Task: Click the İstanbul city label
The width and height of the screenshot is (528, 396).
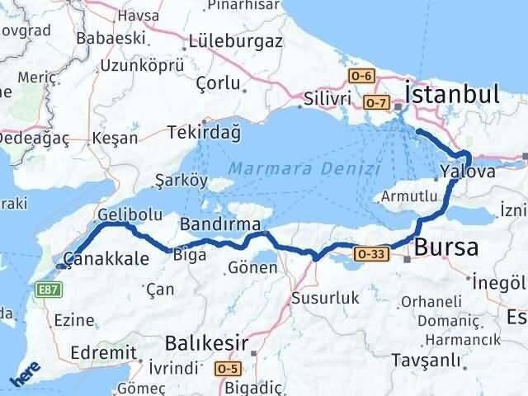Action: coord(452,93)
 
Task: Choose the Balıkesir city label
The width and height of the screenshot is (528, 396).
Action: coord(206,340)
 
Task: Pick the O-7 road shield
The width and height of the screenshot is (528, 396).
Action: coord(375,102)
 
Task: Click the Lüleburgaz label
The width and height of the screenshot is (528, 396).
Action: coord(235,40)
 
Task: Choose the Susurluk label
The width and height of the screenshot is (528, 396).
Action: coord(326,298)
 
